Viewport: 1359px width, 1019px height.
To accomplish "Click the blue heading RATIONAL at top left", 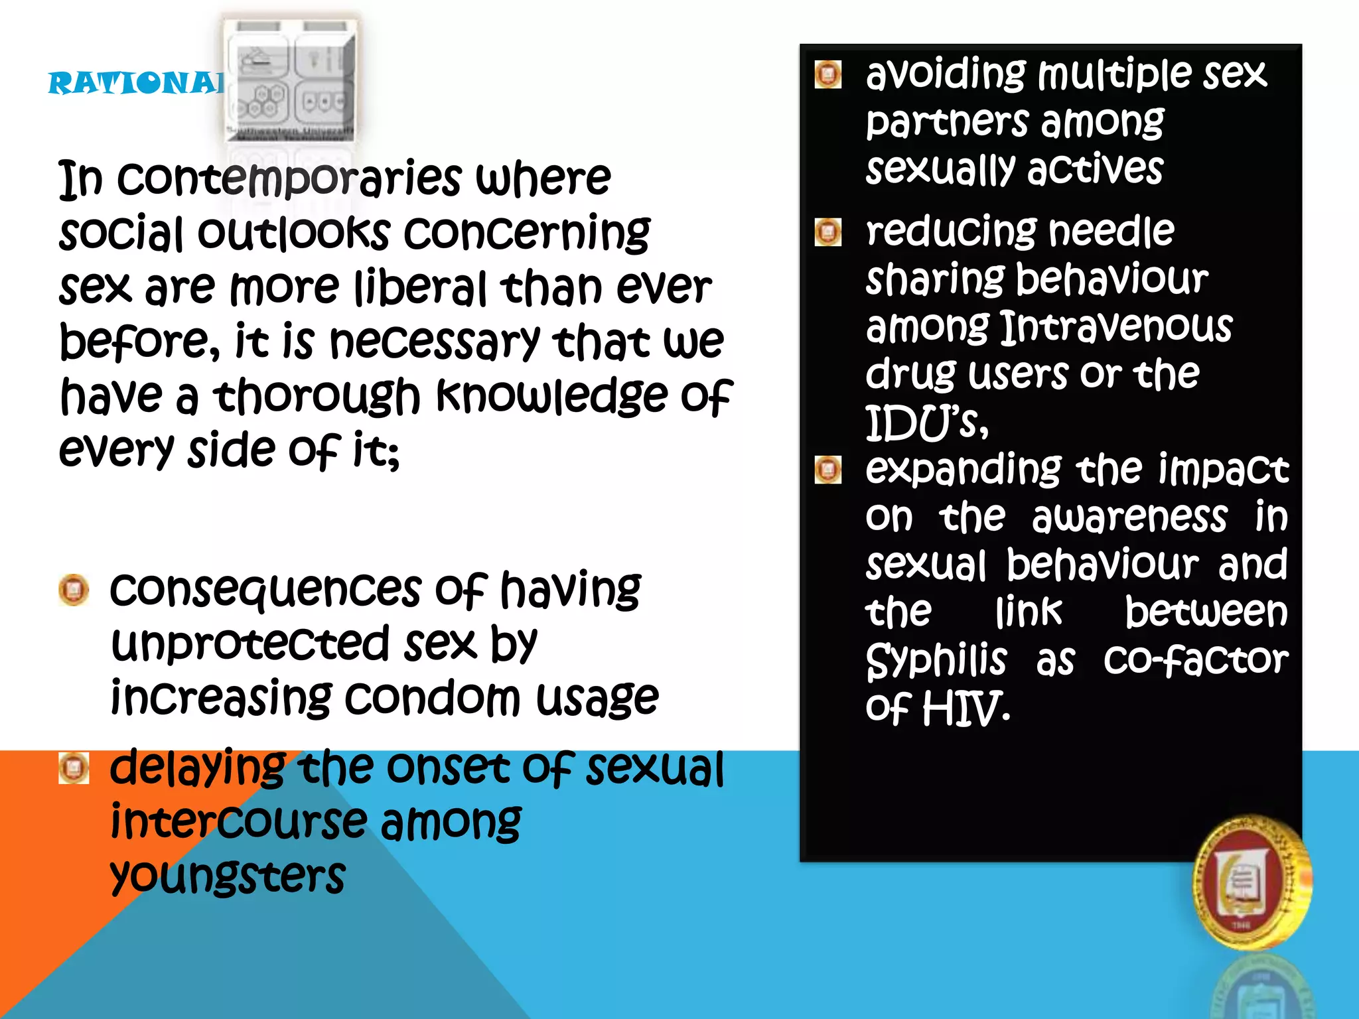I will (136, 84).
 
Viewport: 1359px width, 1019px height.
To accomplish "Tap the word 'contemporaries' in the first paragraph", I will (289, 178).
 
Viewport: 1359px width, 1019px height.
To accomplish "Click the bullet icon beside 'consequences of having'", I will (74, 590).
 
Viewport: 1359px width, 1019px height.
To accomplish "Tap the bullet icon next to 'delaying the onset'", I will (74, 768).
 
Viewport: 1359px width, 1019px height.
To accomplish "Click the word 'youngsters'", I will (228, 876).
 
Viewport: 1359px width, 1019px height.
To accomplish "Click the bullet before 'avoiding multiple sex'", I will (827, 74).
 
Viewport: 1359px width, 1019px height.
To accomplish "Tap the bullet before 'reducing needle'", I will (827, 232).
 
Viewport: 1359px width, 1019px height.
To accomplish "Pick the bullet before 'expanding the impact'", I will (827, 470).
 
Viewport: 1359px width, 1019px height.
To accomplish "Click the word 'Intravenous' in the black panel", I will (1115, 326).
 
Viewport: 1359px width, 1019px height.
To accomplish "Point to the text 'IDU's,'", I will (926, 423).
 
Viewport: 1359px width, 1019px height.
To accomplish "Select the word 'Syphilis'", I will (936, 660).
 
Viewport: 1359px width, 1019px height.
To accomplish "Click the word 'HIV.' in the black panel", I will (966, 708).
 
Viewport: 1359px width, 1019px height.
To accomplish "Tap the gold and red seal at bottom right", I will (1250, 883).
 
